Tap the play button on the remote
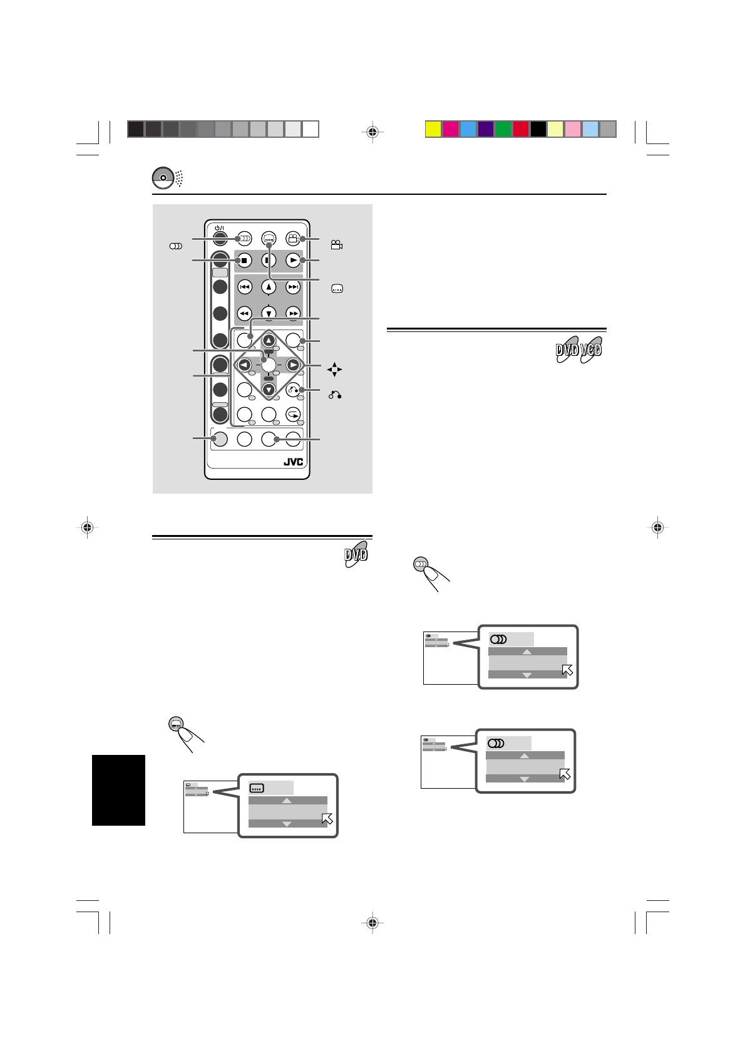click(292, 259)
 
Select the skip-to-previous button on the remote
click(245, 287)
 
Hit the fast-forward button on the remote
click(292, 313)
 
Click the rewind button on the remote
click(245, 313)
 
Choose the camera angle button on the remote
click(292, 238)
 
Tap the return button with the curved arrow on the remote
click(293, 390)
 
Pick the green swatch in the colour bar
click(503, 129)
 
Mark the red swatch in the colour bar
click(521, 129)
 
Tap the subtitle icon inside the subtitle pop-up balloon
click(257, 788)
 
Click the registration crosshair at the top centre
click(372, 132)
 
